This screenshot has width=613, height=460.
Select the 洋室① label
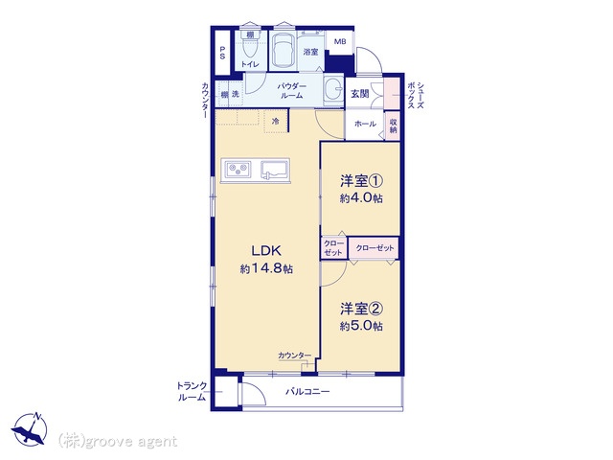tap(361, 181)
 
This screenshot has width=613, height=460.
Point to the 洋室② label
tap(361, 309)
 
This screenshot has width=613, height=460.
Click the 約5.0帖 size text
tap(361, 326)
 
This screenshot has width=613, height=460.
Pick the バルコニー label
tap(307, 392)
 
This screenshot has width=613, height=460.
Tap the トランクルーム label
tap(191, 391)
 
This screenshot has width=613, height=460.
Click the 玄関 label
tap(359, 93)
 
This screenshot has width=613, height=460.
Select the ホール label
tap(365, 125)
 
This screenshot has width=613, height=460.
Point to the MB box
tap(339, 41)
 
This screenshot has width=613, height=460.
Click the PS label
tap(222, 55)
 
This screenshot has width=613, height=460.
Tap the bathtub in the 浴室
tap(283, 51)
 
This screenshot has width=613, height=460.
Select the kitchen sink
tap(277, 172)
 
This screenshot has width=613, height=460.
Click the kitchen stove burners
tap(237, 172)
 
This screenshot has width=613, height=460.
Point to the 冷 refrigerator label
tap(276, 121)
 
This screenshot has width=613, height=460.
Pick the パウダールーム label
tap(291, 91)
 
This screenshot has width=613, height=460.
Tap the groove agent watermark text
tap(119, 441)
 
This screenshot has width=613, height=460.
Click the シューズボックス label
tap(411, 95)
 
